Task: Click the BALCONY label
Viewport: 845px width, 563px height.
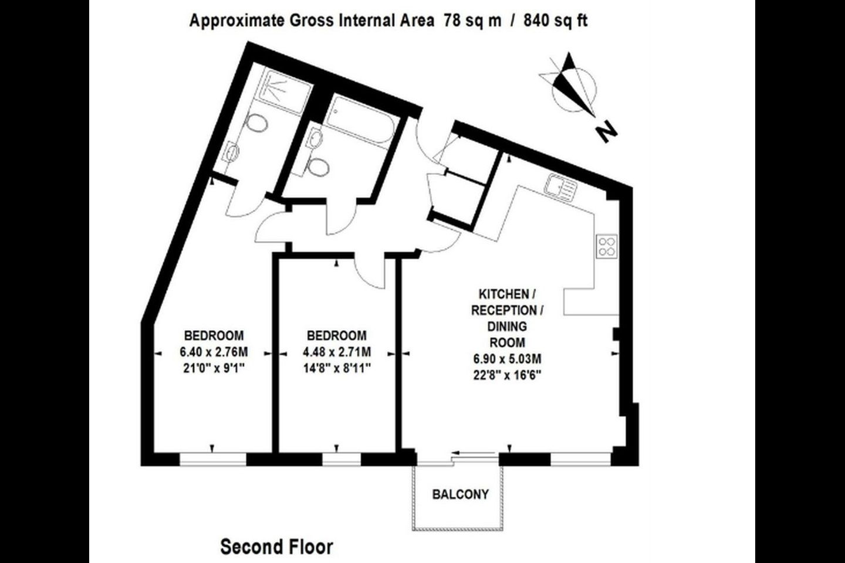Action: (460, 494)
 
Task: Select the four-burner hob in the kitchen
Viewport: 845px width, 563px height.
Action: (607, 246)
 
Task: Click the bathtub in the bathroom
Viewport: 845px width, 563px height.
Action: (361, 119)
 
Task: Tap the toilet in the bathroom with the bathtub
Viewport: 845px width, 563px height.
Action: (318, 167)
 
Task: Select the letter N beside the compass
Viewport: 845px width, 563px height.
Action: (606, 131)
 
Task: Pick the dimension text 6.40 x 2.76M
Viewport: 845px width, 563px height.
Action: (214, 352)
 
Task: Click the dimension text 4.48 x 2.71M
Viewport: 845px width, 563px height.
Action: (336, 352)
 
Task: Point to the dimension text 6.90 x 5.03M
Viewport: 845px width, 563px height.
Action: (508, 358)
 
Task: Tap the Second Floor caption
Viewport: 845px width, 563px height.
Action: (276, 547)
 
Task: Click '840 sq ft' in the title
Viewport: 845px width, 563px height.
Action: (555, 21)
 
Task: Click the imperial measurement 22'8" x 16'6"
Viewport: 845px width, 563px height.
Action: (508, 375)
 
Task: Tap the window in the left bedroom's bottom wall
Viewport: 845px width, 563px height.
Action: (212, 459)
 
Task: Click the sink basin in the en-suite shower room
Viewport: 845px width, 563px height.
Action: (232, 151)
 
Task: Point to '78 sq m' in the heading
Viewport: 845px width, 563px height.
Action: (472, 21)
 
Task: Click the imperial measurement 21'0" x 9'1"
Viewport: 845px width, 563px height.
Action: (214, 368)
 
